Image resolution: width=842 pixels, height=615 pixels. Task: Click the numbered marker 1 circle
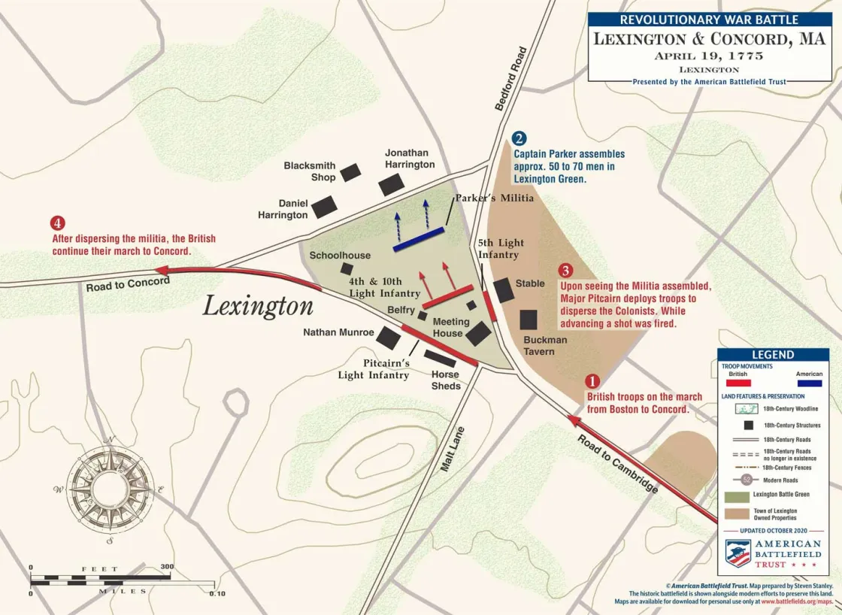592,381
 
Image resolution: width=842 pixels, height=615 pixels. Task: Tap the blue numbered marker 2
519,138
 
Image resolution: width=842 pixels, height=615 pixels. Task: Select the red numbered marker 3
565,271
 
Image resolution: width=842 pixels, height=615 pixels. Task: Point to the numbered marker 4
58,223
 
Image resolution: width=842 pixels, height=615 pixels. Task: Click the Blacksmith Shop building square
350,173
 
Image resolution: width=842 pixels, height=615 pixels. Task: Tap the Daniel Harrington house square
325,207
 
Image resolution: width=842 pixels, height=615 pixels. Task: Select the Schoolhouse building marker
347,268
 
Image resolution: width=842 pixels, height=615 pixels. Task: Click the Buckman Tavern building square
529,320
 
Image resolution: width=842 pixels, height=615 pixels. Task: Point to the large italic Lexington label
258,306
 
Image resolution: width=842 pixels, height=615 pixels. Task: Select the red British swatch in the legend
738,383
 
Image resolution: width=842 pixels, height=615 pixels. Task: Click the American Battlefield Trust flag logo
738,553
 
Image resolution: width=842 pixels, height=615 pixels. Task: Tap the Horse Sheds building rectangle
440,359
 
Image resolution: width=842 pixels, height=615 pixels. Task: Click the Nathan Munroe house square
388,338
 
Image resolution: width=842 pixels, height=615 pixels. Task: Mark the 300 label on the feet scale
167,567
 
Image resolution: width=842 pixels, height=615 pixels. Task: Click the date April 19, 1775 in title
709,56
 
